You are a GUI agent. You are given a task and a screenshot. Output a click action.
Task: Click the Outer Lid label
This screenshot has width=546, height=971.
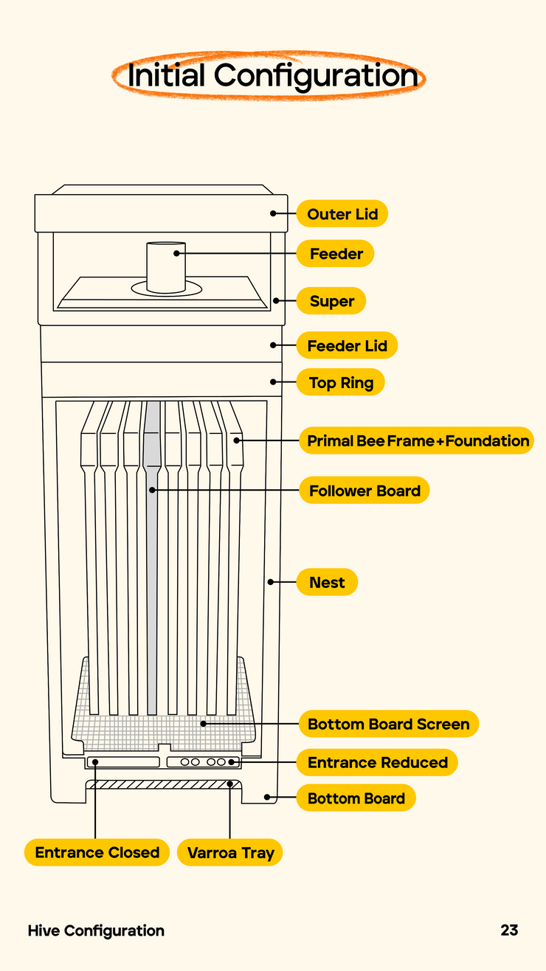tap(342, 213)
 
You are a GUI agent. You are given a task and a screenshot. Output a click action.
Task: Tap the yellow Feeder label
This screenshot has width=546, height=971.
tap(335, 253)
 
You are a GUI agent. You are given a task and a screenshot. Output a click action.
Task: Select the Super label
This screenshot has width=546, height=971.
tap(331, 300)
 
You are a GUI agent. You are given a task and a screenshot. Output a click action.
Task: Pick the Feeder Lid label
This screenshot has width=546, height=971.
tap(347, 345)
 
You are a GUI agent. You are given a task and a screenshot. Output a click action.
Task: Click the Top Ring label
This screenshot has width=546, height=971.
tap(341, 382)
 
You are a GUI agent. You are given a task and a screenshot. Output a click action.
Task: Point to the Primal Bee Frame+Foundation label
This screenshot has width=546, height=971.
tap(416, 440)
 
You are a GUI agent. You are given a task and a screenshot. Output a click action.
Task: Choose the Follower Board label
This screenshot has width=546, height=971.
tap(364, 490)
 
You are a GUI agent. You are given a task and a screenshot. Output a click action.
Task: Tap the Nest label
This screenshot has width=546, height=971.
tap(327, 581)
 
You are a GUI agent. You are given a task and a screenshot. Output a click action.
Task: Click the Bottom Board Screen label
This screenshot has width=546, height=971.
tap(389, 724)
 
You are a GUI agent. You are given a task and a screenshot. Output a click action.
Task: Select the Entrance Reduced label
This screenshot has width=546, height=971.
tap(377, 762)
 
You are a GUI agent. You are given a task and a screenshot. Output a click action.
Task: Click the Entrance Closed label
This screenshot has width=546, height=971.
tap(97, 852)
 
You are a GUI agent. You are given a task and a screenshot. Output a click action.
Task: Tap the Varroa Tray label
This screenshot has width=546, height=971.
tap(229, 852)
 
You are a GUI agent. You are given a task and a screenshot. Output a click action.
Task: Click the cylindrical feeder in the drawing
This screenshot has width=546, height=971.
tap(166, 267)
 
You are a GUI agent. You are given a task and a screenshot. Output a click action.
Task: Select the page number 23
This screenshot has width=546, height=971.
tap(509, 930)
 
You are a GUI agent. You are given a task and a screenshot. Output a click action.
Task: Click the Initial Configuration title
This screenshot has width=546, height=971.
tap(273, 75)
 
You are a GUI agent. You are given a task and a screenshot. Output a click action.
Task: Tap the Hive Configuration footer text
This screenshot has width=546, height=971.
tap(96, 930)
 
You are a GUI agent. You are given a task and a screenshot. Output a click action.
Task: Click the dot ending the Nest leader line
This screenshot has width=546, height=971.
tap(270, 581)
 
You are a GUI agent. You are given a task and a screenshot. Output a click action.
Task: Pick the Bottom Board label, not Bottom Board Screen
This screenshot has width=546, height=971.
tap(356, 798)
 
